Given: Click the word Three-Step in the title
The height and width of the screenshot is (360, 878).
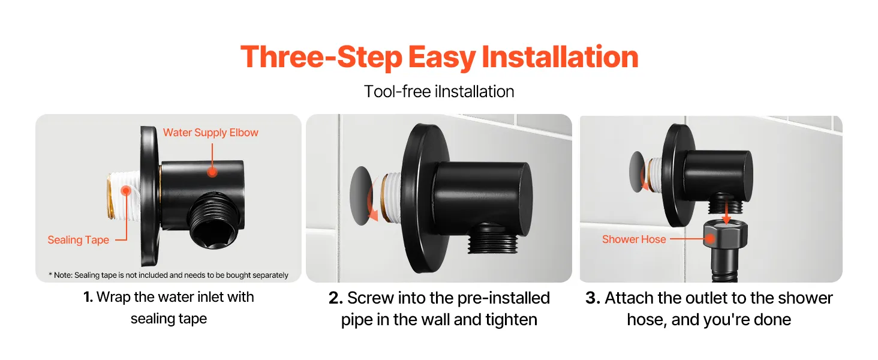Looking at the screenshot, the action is tap(321, 57).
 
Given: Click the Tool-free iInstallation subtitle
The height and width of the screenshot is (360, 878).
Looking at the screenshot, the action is tap(439, 92).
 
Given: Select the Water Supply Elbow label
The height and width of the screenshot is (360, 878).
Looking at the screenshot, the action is tap(211, 133).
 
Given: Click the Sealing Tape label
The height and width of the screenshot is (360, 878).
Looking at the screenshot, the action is tap(79, 239).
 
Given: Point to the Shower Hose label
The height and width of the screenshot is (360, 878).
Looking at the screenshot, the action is tap(634, 239).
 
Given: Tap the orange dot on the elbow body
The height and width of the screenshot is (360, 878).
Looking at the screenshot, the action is tap(212, 172).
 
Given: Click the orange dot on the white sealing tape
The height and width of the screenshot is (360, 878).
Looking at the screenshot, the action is tap(126, 191).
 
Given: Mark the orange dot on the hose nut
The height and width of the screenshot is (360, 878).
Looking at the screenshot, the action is tap(709, 238).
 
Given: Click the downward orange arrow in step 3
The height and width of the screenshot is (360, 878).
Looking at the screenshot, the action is tap(726, 211).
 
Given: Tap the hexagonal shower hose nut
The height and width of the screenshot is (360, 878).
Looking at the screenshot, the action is tap(725, 234).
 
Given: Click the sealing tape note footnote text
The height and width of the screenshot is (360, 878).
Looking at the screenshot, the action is tap(168, 275).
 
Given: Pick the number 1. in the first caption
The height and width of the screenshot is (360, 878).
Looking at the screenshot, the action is tap(88, 297).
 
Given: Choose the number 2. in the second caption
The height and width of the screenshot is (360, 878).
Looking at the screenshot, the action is tap(335, 298).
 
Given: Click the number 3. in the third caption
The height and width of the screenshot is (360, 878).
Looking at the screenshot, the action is tap(593, 298).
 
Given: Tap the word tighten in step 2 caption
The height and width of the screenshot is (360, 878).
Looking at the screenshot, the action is tap(511, 320).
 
